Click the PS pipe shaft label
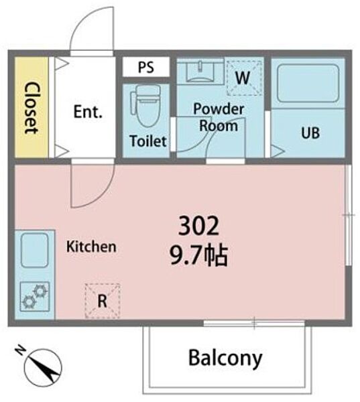146,67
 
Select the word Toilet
148,141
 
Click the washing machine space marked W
244,78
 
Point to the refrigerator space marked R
103,301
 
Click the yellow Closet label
32,107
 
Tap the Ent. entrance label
88,111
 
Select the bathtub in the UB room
308,84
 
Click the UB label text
310,133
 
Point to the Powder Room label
219,117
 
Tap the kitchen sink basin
35,250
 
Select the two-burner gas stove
35,296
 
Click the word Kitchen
91,247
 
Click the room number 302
199,226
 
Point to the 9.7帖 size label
199,256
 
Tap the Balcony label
225,358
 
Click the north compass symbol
43,366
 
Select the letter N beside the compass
20,350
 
